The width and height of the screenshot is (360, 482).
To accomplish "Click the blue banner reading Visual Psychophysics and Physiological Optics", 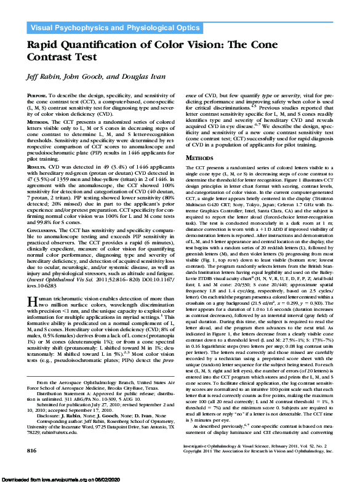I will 111,28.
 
